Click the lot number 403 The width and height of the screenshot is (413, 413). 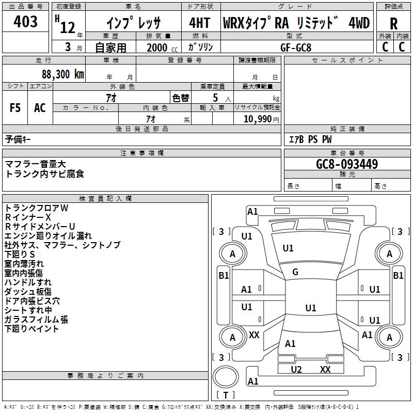point(25,21)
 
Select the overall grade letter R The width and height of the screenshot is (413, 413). point(393,24)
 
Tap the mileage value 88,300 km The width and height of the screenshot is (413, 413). point(62,74)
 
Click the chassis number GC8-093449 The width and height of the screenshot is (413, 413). point(347,164)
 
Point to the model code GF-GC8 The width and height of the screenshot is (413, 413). point(296,47)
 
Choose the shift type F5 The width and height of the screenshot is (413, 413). point(15,108)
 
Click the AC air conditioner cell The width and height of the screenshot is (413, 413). point(40,108)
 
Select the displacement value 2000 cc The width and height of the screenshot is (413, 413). point(162,48)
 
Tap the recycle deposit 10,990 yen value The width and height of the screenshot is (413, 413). point(261,119)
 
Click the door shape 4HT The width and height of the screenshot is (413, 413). point(200,23)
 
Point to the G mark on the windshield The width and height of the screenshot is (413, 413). point(295,272)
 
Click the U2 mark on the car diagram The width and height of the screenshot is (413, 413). point(296,370)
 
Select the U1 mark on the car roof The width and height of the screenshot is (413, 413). point(311,308)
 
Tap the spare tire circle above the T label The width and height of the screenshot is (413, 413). point(226,377)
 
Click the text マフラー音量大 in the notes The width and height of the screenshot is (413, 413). point(35,164)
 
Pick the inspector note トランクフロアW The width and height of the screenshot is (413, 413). point(36,208)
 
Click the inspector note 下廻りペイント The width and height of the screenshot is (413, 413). point(31,329)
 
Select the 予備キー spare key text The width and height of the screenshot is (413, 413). point(18,139)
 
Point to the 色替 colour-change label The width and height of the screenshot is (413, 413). point(181,98)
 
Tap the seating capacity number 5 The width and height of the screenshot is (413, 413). point(215,98)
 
